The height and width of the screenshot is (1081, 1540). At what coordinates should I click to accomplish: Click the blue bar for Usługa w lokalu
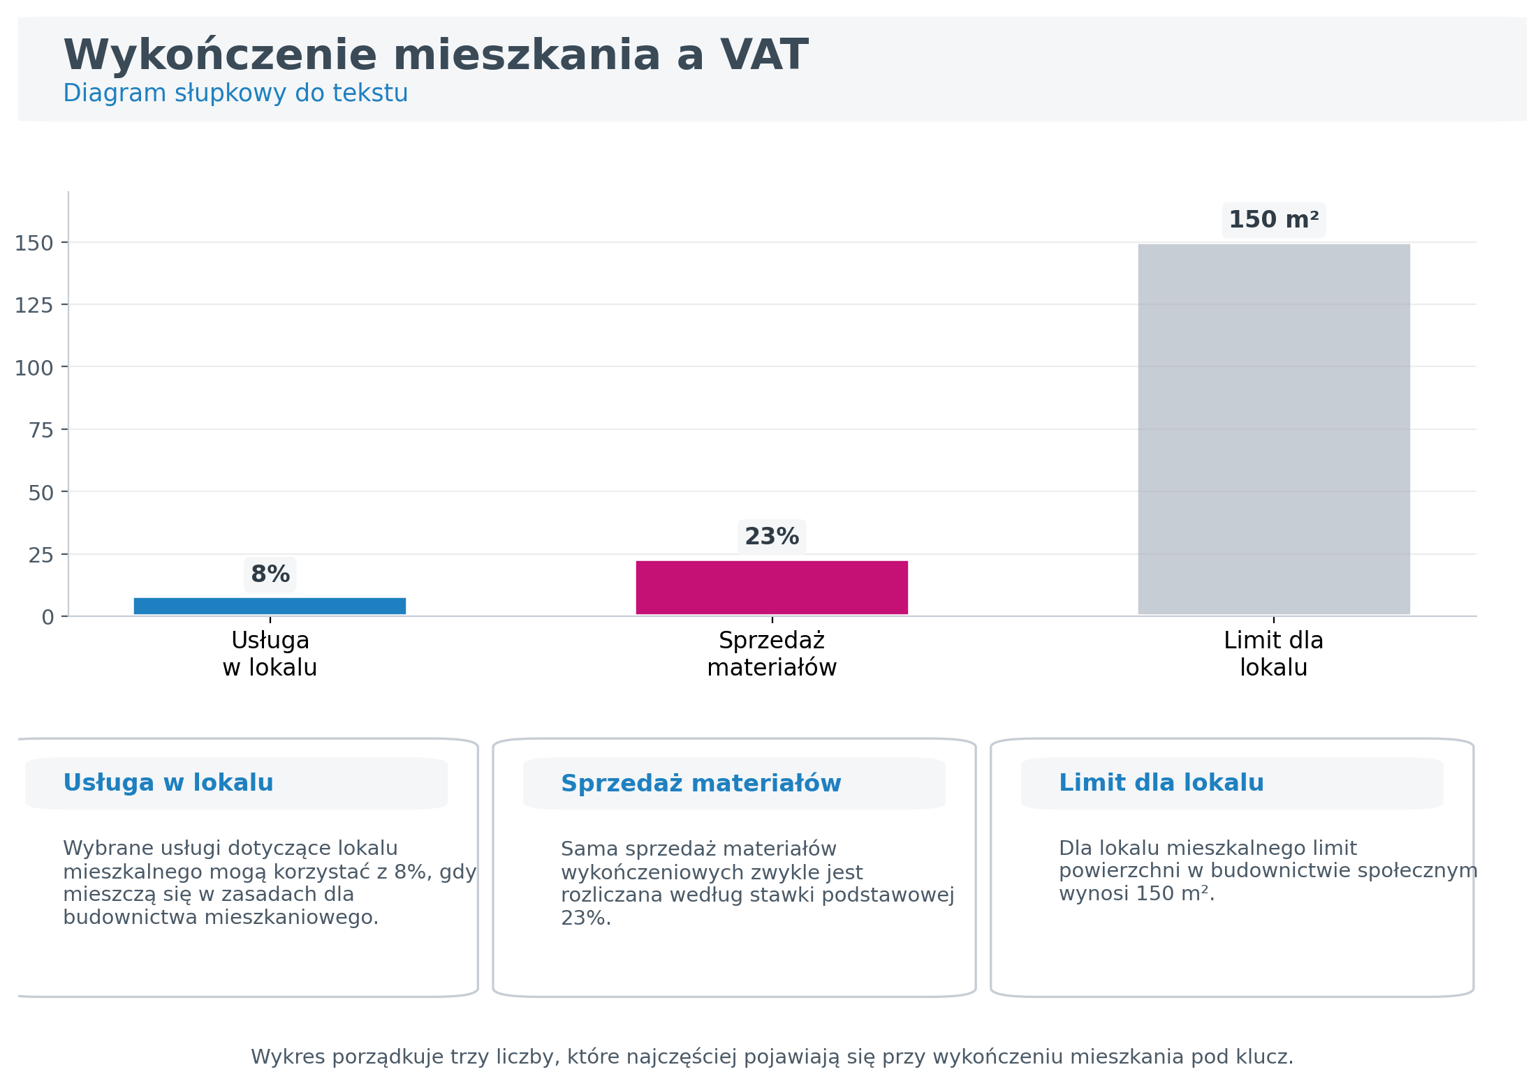(270, 606)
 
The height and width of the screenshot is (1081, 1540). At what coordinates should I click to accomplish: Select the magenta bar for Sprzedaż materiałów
(771, 587)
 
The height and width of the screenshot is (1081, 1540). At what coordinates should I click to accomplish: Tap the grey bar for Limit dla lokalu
(1273, 428)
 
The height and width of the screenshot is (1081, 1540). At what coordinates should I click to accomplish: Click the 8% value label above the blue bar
(270, 574)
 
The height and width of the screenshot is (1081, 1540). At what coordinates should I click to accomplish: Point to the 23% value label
(772, 537)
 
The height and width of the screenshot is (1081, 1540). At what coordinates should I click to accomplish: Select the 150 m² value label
(1273, 220)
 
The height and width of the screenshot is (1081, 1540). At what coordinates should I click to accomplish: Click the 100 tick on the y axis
(34, 368)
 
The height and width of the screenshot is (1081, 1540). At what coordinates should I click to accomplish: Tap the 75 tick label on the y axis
(41, 431)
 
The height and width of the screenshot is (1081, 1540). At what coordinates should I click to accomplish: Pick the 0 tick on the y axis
(47, 618)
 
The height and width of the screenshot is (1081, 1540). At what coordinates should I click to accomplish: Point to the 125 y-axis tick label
(34, 306)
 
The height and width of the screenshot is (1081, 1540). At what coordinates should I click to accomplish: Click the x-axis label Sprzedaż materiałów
(772, 654)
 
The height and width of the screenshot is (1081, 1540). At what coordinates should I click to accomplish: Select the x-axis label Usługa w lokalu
(270, 654)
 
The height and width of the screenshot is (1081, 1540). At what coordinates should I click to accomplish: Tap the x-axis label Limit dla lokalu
(1273, 654)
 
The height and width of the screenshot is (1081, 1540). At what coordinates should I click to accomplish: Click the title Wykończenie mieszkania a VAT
(435, 55)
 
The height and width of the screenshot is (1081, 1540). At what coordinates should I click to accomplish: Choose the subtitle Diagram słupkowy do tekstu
(235, 93)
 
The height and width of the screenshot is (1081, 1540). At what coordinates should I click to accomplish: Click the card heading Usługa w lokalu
(168, 783)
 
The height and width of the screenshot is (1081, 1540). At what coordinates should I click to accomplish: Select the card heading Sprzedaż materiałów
(701, 784)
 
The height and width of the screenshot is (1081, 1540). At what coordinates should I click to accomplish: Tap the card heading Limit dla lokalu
(1161, 783)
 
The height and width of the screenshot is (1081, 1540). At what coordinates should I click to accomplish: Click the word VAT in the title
(764, 55)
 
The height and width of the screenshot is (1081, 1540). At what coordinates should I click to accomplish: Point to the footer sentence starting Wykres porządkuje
(772, 1057)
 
